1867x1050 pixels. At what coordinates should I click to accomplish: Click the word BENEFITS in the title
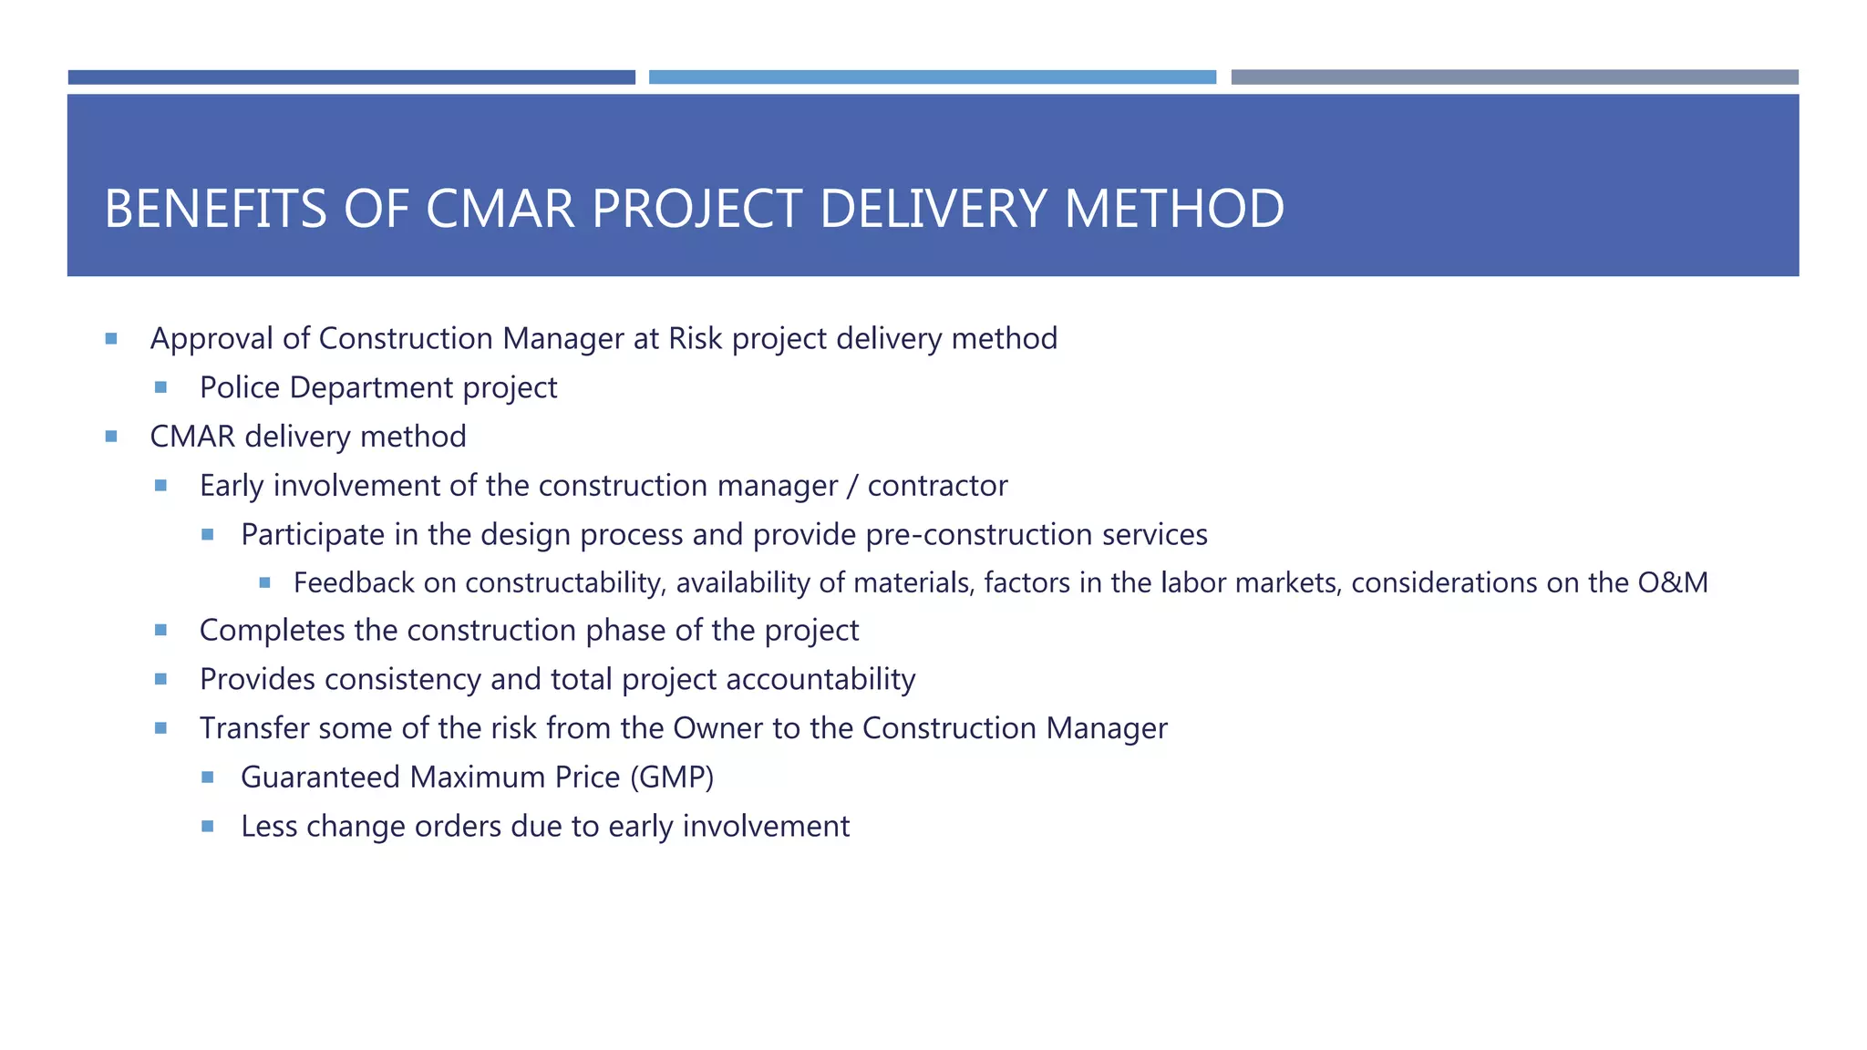pyautogui.click(x=215, y=209)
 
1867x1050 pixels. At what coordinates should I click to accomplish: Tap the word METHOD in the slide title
pyautogui.click(x=1174, y=209)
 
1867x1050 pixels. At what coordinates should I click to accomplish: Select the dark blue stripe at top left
pyautogui.click(x=351, y=77)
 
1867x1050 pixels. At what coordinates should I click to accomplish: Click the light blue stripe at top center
pyautogui.click(x=932, y=77)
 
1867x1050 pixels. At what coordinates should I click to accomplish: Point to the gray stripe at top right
pyautogui.click(x=1514, y=77)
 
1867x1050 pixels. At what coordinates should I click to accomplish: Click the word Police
pyautogui.click(x=240, y=387)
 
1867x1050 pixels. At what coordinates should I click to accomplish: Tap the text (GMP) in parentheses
pyautogui.click(x=672, y=777)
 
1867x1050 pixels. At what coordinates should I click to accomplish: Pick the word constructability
pyautogui.click(x=563, y=582)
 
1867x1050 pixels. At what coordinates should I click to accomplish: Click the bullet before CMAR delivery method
pyautogui.click(x=111, y=437)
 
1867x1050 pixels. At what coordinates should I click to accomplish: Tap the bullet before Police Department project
pyautogui.click(x=160, y=387)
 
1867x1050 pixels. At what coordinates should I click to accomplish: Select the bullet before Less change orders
pyautogui.click(x=208, y=827)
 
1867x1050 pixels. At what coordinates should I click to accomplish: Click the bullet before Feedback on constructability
pyautogui.click(x=264, y=582)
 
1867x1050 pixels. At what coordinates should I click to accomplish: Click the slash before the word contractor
pyautogui.click(x=851, y=486)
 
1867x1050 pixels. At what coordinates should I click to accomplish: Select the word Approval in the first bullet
pyautogui.click(x=211, y=339)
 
